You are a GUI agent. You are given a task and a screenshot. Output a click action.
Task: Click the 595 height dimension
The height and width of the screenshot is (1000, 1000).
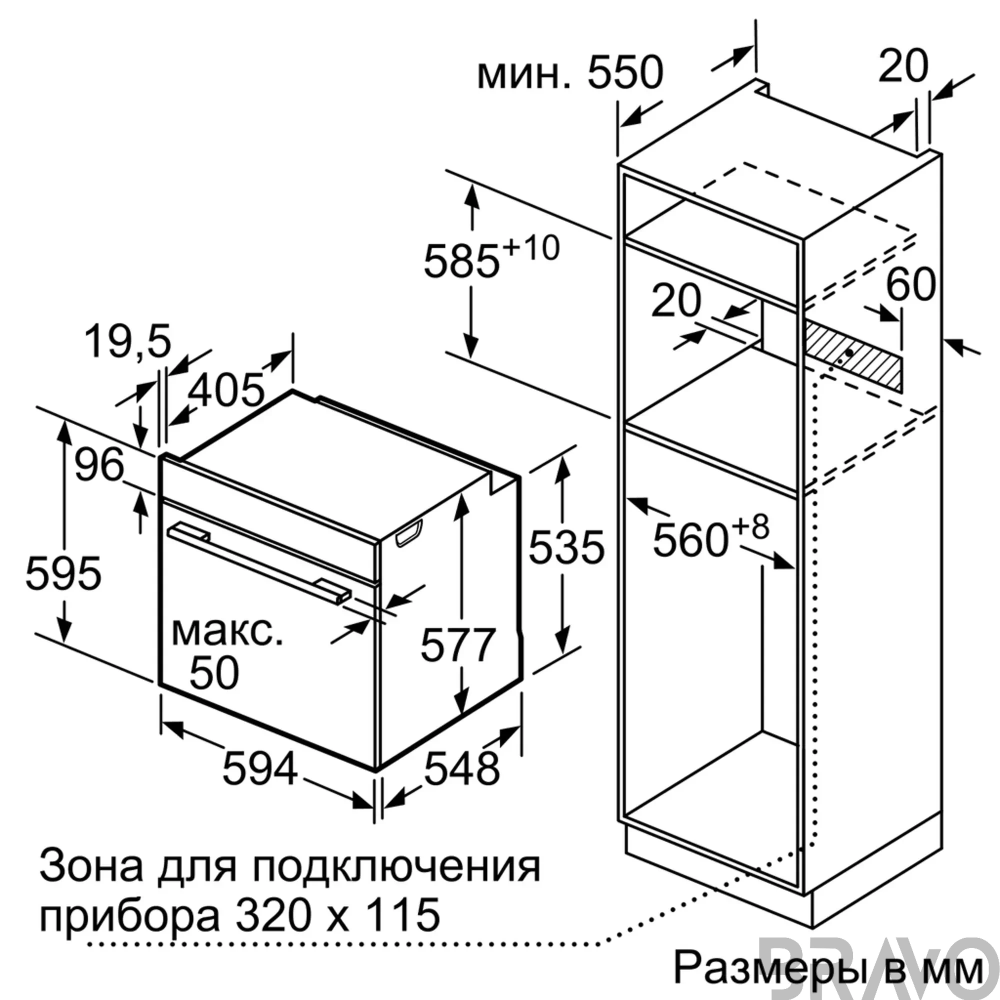click(x=63, y=573)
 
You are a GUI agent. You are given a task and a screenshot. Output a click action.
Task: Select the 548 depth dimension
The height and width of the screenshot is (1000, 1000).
click(x=462, y=768)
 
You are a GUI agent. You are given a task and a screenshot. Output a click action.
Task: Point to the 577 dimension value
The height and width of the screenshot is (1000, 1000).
click(x=458, y=644)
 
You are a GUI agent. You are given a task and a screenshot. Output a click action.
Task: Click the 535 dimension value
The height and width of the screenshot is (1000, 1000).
click(x=566, y=546)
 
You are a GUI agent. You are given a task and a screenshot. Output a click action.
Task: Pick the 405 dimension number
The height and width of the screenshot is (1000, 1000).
click(x=226, y=390)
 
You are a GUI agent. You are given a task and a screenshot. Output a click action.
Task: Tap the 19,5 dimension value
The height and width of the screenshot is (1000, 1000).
click(x=127, y=341)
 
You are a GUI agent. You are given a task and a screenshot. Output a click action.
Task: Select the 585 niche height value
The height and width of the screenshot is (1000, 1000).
click(x=461, y=261)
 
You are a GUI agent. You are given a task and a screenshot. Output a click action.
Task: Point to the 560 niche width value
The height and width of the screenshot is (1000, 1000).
click(x=691, y=540)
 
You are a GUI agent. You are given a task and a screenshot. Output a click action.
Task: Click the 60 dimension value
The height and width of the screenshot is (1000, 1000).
click(x=911, y=284)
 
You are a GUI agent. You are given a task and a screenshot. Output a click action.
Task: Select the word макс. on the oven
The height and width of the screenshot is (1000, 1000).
click(x=227, y=631)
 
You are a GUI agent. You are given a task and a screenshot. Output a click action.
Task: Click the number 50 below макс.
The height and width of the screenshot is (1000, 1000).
click(x=214, y=673)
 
